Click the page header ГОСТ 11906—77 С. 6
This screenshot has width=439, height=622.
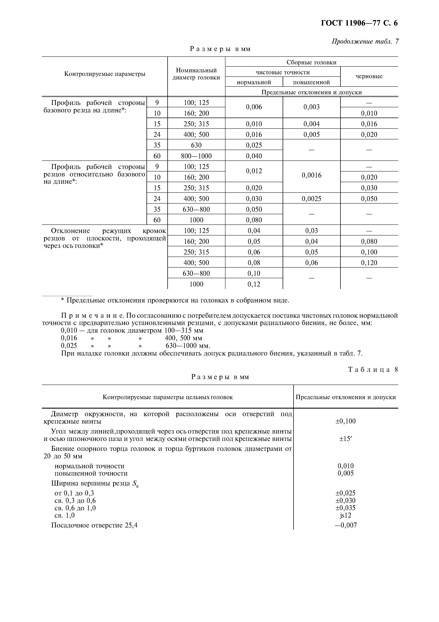(x=359, y=23)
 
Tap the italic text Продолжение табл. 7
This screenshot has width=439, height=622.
(x=365, y=41)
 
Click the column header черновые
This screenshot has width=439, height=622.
(x=369, y=76)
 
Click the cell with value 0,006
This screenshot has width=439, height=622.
(x=254, y=107)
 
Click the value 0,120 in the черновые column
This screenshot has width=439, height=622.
(x=369, y=263)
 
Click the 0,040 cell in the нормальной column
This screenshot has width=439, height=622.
(x=254, y=156)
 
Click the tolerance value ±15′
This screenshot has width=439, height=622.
(x=345, y=439)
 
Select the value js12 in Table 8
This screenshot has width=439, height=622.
(x=345, y=515)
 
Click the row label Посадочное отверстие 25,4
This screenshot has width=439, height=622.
(x=94, y=525)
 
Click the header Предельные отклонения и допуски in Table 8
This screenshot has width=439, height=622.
(x=345, y=397)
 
